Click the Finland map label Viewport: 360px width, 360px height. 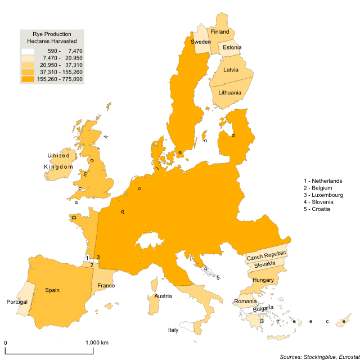tap(219, 32)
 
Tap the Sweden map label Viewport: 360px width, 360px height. tap(201, 42)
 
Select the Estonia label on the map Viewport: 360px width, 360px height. tap(232, 47)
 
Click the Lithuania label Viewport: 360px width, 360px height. tap(229, 92)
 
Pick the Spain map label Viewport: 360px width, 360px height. tap(52, 290)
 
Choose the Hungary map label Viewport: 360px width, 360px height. tap(263, 280)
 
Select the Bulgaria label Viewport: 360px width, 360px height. tap(263, 308)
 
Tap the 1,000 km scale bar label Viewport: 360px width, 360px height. tap(97, 343)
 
